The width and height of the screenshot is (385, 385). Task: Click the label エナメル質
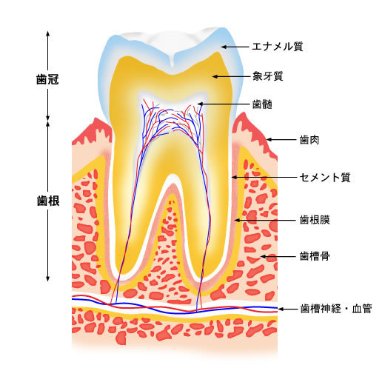coord(278,47)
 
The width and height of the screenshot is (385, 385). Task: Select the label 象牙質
coord(267,76)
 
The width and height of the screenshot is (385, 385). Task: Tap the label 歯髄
coord(262,104)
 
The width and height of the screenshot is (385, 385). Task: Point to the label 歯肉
coord(309,140)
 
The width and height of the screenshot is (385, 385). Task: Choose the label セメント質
coord(325,177)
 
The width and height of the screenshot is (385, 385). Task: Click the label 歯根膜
coord(315,220)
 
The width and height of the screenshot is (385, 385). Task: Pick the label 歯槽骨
coord(315,256)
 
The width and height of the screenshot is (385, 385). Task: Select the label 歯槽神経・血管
coord(336,309)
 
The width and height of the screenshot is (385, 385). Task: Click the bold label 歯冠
coord(47,79)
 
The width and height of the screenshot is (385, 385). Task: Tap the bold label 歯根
coord(48,201)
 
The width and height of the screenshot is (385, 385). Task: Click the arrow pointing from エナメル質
coord(235,47)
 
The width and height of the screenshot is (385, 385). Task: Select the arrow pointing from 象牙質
coord(231,76)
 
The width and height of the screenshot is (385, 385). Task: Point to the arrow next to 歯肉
coord(281,139)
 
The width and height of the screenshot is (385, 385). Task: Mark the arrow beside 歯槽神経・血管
coord(288,309)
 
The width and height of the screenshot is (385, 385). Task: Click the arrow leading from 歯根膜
coord(265,220)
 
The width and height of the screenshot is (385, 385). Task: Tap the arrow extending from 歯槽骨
coord(278,256)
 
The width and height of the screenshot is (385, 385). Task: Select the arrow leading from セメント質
coord(264,177)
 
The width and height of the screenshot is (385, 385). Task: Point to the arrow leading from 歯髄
coord(224,104)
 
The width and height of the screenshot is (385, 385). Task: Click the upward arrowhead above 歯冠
coord(48,33)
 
